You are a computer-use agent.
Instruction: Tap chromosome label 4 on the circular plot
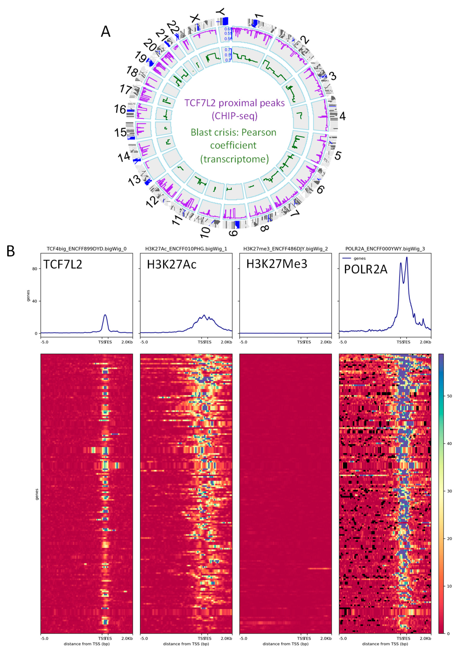342,116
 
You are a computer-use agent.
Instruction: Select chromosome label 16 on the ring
120,109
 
